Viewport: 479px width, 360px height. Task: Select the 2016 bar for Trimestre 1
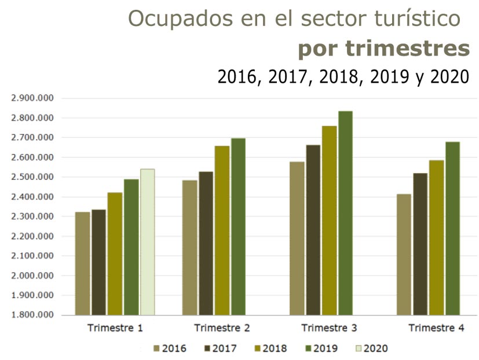pyautogui.click(x=83, y=263)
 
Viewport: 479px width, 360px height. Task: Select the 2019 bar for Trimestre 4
pyautogui.click(x=452, y=228)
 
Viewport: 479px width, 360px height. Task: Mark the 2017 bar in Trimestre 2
pyautogui.click(x=206, y=243)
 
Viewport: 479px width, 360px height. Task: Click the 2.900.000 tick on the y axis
pyautogui.click(x=32, y=98)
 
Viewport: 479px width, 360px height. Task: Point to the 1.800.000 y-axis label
pyautogui.click(x=32, y=315)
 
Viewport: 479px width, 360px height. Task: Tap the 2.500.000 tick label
pyautogui.click(x=32, y=177)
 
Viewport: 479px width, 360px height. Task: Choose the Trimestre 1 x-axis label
pyautogui.click(x=115, y=328)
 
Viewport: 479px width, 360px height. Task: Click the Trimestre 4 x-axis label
pyautogui.click(x=436, y=328)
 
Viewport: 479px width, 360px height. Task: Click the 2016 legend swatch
pyautogui.click(x=156, y=348)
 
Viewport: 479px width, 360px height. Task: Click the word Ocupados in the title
pyautogui.click(x=172, y=19)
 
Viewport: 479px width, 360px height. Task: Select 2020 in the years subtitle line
pyautogui.click(x=449, y=77)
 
